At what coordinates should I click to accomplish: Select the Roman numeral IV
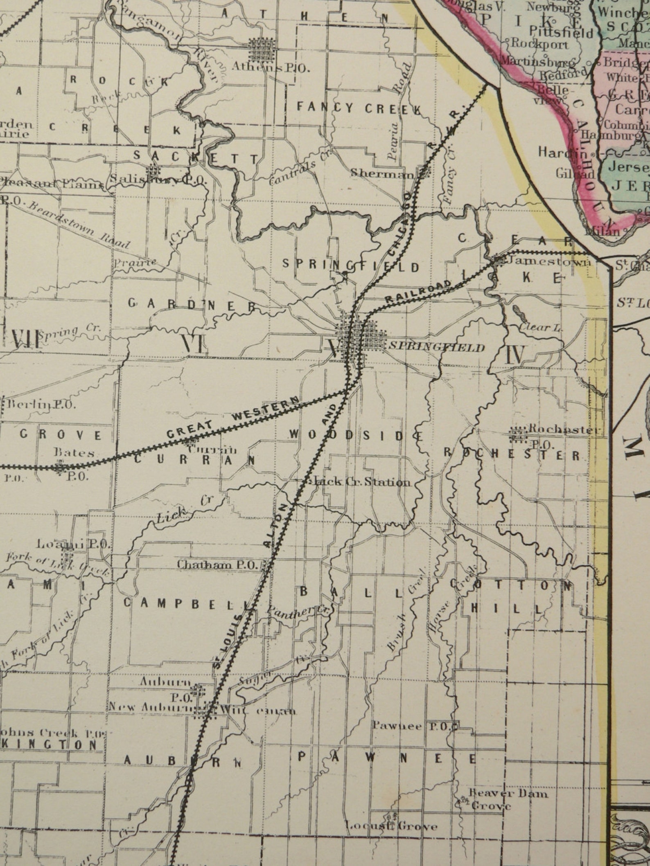515,355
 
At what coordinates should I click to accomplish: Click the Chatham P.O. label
217,565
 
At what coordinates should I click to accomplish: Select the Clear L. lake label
541,327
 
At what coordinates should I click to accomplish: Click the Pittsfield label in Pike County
561,31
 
